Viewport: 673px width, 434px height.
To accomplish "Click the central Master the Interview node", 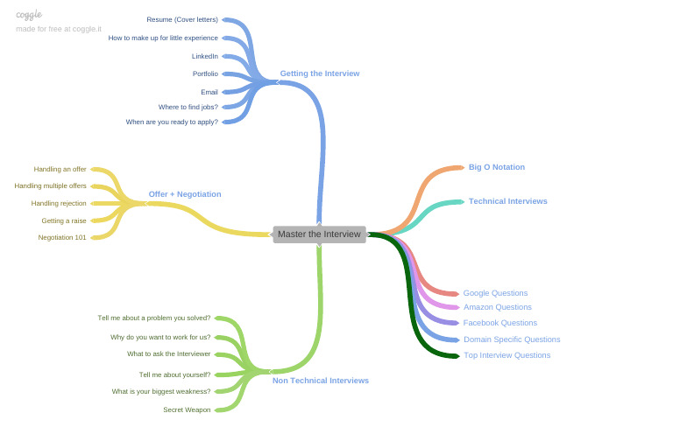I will (319, 234).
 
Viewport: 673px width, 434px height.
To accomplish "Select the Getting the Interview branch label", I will (319, 73).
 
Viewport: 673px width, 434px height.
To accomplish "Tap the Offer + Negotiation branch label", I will (185, 194).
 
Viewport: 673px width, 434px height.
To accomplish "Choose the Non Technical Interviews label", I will (320, 381).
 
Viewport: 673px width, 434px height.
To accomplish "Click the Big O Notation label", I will (496, 167).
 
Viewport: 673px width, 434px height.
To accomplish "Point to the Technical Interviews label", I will (507, 201).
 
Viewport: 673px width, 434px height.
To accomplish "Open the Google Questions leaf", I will (495, 293).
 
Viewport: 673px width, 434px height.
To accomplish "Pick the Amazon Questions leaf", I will (497, 307).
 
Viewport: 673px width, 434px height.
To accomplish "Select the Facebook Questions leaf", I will (499, 323).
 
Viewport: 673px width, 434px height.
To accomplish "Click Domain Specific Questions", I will (512, 339).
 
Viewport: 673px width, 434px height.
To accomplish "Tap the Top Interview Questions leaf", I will (507, 355).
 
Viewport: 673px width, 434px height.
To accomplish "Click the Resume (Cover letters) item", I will (182, 19).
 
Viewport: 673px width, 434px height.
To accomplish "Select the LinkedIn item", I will (205, 56).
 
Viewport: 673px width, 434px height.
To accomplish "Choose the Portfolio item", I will (205, 73).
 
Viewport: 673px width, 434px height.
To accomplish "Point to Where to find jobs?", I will (188, 107).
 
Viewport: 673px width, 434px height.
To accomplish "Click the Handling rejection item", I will (59, 203).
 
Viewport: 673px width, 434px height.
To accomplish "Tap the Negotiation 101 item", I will (62, 237).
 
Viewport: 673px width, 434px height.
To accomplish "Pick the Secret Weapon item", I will (187, 409).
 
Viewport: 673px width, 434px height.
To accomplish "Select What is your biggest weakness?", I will (160, 391).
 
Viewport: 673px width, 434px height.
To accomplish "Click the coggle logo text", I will (29, 15).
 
